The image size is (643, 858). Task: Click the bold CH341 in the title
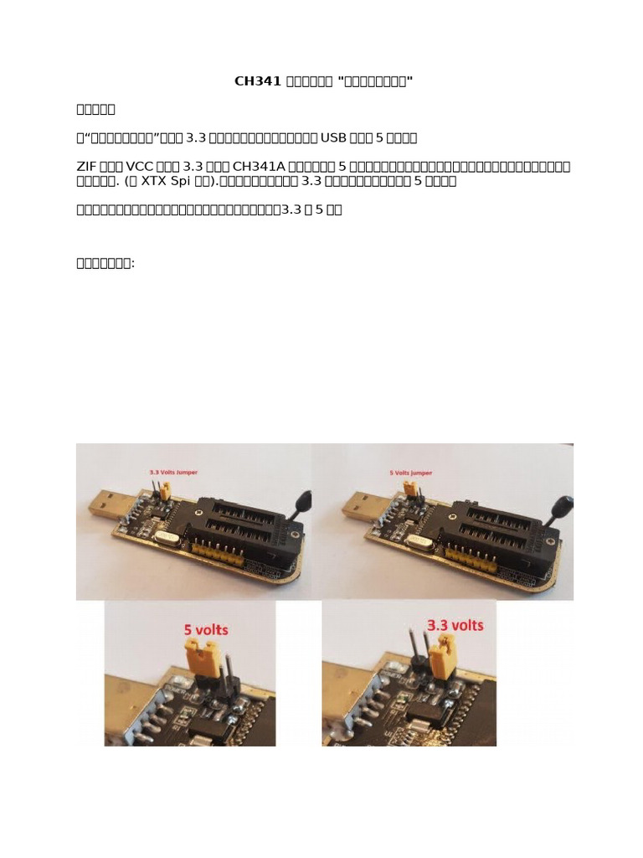pyautogui.click(x=258, y=81)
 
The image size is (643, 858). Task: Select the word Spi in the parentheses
pyautogui.click(x=191, y=180)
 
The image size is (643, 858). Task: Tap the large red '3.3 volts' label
pyautogui.click(x=455, y=625)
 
